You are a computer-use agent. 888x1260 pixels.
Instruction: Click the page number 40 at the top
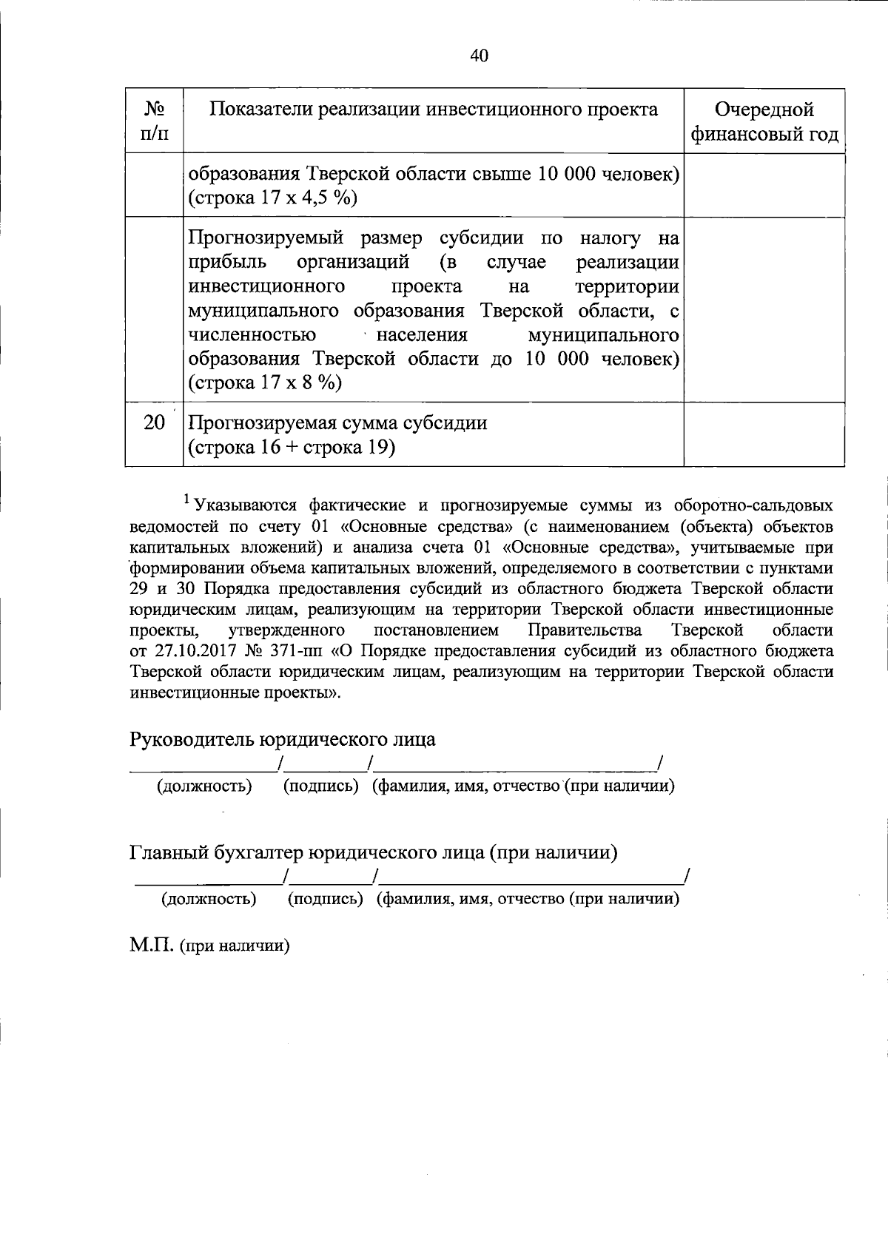pos(479,55)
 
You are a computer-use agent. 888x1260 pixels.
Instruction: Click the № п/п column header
pos(153,121)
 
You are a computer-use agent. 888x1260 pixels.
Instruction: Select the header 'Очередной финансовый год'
pos(764,121)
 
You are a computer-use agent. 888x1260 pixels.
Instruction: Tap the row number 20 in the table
pos(154,423)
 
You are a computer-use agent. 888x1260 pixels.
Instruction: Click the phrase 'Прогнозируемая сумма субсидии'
pos(338,423)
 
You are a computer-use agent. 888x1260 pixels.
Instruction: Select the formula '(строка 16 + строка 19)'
pos(290,448)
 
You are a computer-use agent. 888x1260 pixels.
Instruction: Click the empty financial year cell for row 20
pos(764,434)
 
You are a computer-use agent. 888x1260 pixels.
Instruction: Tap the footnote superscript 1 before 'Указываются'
pos(188,501)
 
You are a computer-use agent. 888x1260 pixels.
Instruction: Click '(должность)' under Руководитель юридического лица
pos(204,786)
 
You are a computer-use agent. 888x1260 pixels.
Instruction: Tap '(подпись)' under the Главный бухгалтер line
pos(325,899)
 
